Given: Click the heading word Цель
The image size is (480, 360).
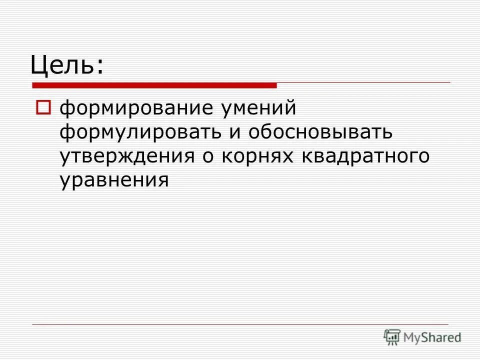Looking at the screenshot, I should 62,64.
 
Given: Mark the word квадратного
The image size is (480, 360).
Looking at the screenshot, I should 365,156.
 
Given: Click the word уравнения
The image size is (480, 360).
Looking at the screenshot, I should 114,180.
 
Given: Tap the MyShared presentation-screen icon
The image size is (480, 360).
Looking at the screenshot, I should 392,337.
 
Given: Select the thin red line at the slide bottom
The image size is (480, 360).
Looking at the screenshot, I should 240,324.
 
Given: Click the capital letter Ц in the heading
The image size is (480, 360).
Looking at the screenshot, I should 38,64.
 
